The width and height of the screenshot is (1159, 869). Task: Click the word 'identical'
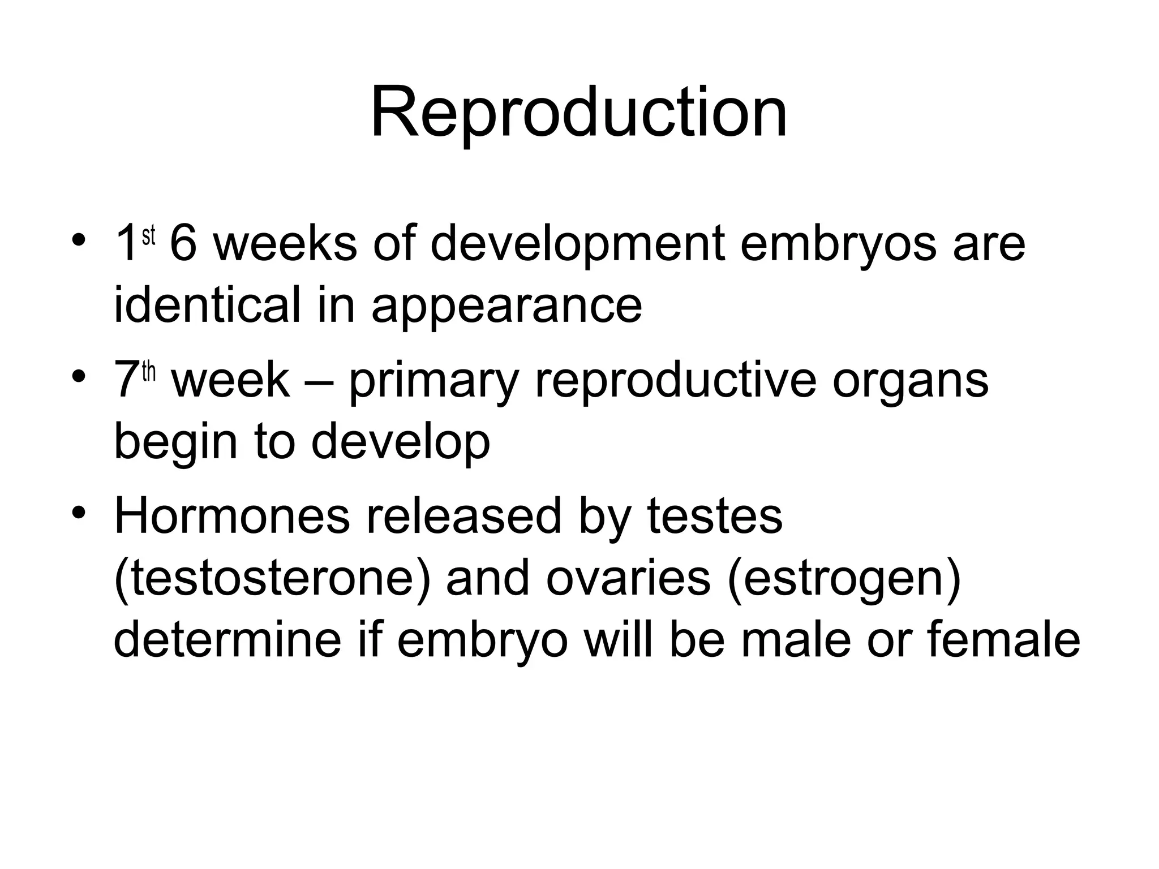[x=207, y=305]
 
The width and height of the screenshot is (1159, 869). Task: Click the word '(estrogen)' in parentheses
[x=844, y=578]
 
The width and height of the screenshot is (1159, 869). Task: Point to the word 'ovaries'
[x=628, y=578]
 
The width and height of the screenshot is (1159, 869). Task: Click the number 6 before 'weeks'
[x=182, y=244]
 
